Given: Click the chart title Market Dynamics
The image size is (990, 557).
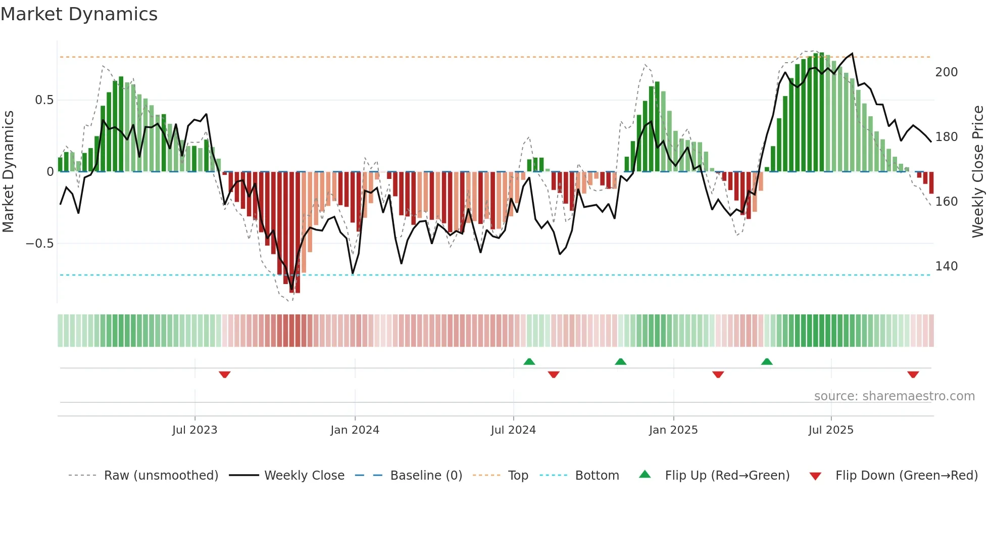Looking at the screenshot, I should pos(79,14).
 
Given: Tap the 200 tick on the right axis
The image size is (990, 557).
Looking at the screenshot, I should pos(946,72).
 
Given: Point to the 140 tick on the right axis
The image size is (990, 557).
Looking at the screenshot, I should pos(946,266).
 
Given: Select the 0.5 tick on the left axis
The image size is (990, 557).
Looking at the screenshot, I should pos(44,100).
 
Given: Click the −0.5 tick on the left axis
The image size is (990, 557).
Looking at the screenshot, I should pos(40,244).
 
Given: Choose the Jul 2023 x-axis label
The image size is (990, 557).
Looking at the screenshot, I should pos(194,430).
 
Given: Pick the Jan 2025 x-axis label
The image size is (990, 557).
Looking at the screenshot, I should pos(673,430).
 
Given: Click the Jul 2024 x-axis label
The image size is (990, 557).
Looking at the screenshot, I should pos(513,430).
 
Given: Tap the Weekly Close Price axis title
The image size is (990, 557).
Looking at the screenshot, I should pos(978,172).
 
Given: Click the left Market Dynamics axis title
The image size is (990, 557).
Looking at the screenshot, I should pos(8,172).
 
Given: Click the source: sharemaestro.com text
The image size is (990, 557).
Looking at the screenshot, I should pos(894,396).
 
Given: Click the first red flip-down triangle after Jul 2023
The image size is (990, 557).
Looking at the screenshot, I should pos(225,374).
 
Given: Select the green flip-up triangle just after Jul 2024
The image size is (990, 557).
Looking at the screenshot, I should pos(529,361).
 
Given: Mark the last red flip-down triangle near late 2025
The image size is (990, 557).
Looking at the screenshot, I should pos(913,374).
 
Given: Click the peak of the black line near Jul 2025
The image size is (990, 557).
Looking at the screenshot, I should pos(853,54).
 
